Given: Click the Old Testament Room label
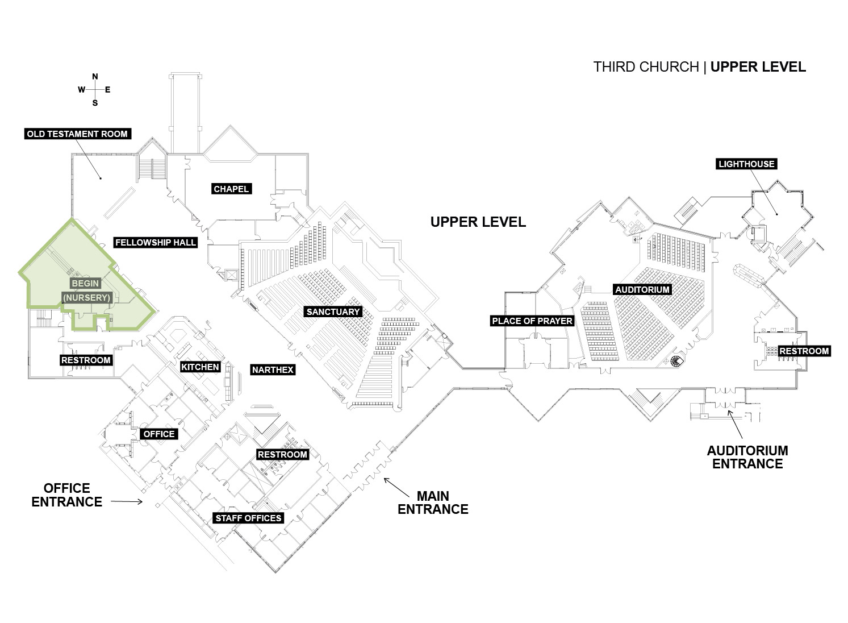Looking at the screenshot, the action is point(78,134).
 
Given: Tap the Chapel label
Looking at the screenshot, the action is point(231,189).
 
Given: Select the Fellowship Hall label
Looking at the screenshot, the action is point(155,243).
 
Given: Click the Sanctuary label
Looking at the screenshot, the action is point(333,311).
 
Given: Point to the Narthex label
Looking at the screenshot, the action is point(273,370).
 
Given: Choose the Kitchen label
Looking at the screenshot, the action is point(200,367).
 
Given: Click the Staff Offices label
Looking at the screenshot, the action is point(248,518).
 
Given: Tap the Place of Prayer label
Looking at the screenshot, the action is point(532,321).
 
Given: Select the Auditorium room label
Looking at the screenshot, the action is point(642,289).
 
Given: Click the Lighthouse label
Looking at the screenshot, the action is point(746,164).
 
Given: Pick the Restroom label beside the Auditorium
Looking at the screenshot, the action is point(804,351).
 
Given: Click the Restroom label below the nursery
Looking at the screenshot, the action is point(86,360).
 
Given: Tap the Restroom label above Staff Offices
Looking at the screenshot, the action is point(282,454).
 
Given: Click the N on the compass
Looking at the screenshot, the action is point(95,77).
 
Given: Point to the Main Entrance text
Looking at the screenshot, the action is point(433,502).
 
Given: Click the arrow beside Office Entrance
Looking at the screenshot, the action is point(127,502).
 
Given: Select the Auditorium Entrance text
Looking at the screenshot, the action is point(747,457).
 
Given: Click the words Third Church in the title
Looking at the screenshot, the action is point(646,67).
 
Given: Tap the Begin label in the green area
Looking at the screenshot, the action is point(86,283).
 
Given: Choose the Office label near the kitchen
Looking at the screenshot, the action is point(159,434).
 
